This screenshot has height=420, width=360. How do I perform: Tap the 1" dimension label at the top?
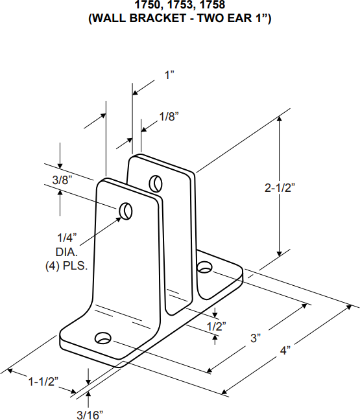(x=170, y=75)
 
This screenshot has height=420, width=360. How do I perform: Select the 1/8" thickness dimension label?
(x=169, y=117)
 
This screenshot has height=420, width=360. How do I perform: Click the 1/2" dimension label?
(x=216, y=326)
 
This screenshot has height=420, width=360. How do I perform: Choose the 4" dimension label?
(x=285, y=351)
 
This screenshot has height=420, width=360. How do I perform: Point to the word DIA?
(x=67, y=251)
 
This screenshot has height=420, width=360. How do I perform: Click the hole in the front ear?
(x=125, y=211)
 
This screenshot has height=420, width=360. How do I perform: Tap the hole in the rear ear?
(x=156, y=182)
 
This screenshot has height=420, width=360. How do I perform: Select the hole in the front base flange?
(x=102, y=338)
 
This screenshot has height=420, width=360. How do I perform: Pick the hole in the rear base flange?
(x=205, y=266)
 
